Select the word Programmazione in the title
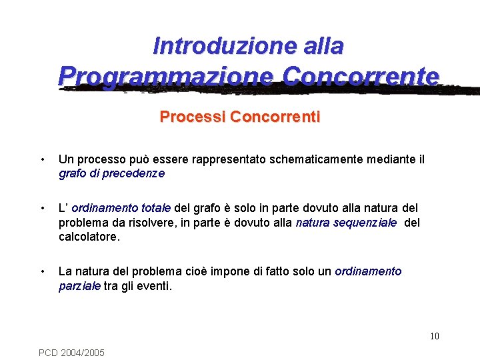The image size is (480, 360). tap(167, 76)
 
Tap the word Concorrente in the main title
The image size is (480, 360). tap(361, 76)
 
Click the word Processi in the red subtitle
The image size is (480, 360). tap(193, 117)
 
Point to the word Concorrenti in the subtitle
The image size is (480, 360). tap(275, 117)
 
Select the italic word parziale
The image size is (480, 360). tap(79, 286)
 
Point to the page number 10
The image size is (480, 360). tap(434, 336)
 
